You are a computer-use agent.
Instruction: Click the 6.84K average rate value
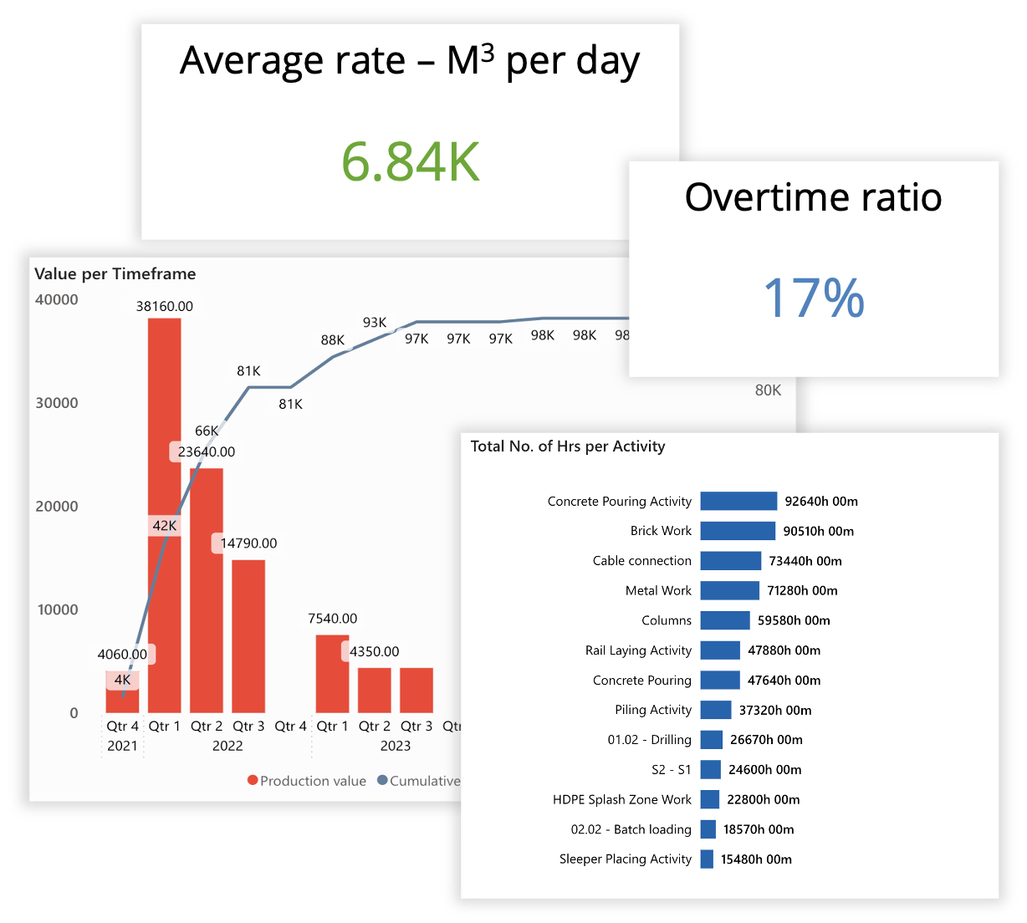[411, 162]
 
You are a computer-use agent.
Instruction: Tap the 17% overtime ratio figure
[814, 298]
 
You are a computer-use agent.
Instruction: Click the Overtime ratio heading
[813, 198]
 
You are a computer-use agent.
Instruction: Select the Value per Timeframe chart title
[115, 274]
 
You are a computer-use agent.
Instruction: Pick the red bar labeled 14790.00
[248, 635]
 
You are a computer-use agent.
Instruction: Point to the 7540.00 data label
[332, 619]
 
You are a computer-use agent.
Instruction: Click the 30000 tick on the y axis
[57, 403]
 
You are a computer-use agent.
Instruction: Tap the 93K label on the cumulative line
[375, 323]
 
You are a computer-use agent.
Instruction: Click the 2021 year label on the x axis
[122, 746]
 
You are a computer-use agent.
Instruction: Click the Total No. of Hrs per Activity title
[568, 446]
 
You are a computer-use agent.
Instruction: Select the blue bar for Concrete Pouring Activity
[738, 501]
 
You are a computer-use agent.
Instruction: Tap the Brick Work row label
[661, 531]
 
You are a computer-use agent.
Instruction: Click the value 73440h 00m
[805, 561]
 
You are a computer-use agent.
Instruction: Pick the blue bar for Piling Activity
[716, 710]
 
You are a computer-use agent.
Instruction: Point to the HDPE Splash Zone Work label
[622, 799]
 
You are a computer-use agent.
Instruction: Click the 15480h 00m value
[756, 859]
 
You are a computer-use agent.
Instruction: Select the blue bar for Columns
[725, 620]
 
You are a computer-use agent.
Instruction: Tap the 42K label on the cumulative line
[165, 526]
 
